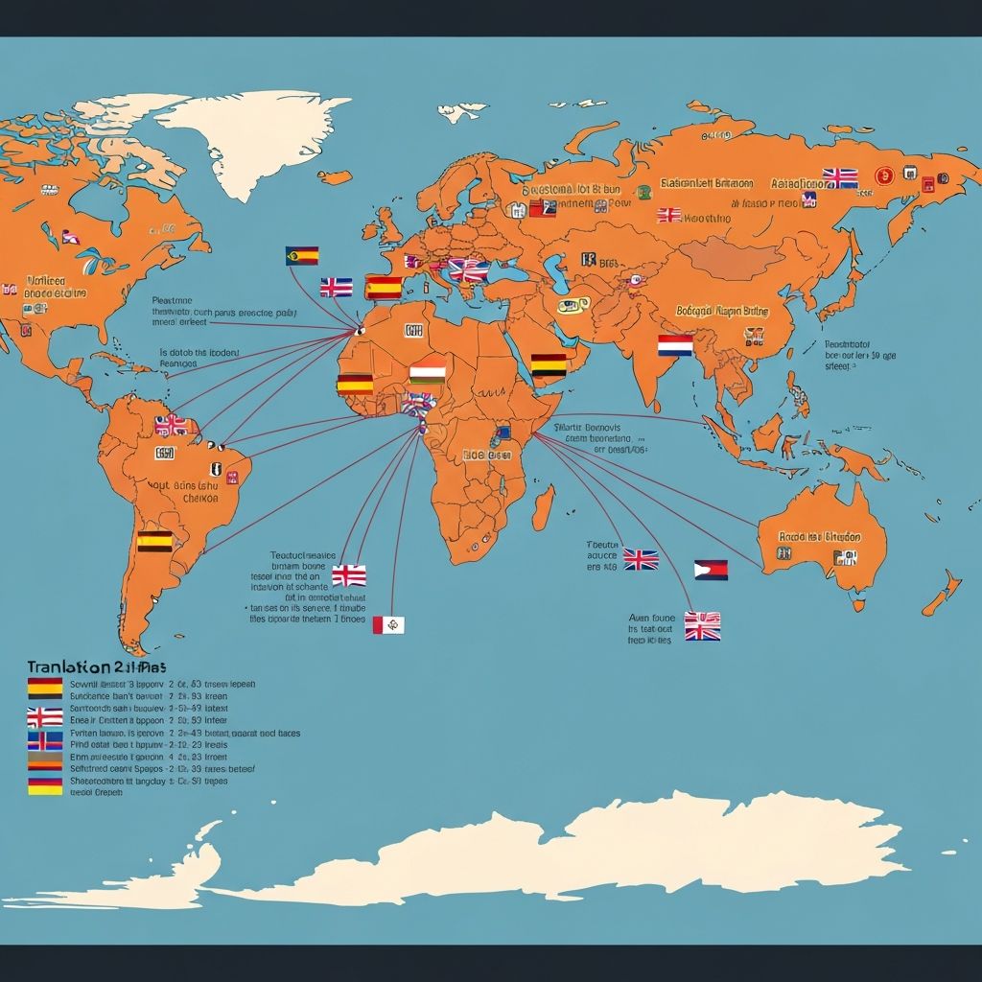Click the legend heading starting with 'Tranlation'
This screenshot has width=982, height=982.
point(96,666)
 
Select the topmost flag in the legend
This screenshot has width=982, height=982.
point(45,687)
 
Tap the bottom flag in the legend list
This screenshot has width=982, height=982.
point(45,786)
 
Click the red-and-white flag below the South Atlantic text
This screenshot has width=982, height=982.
point(388,625)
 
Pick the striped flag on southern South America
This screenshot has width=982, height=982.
point(154,542)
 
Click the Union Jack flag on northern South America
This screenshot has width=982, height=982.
point(173,425)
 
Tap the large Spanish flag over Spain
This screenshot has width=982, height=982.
point(384,287)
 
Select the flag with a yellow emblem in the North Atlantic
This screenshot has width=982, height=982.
point(302,255)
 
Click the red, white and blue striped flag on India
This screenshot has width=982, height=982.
point(675,345)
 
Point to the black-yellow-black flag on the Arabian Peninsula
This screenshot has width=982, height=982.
point(549,364)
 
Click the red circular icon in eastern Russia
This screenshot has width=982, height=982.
point(884,175)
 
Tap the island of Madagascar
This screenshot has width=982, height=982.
point(543,506)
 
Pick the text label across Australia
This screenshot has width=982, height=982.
point(820,537)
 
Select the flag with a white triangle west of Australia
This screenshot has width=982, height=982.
point(711,570)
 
